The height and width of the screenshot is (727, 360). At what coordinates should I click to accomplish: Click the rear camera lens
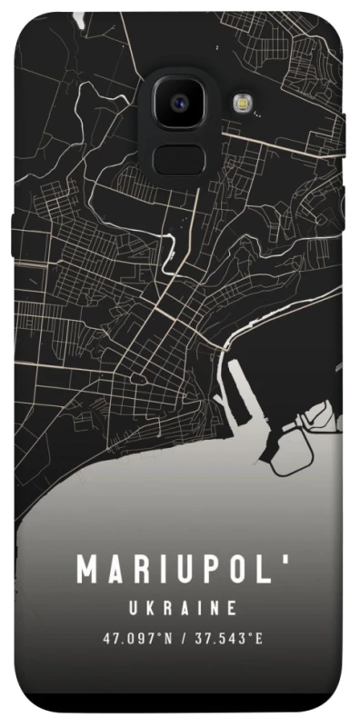[179, 103]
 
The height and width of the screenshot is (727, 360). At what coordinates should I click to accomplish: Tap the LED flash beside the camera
[241, 103]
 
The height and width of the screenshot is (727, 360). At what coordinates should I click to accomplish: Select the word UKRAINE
[182, 607]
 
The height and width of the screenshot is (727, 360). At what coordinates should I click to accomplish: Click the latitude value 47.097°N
[137, 639]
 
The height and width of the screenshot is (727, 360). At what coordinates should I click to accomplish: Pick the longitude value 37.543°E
[228, 639]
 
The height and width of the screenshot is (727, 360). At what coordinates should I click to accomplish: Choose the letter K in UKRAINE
[145, 607]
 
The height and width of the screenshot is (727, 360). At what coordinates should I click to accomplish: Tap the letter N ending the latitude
[168, 639]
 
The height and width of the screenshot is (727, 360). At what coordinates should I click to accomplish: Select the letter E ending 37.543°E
[259, 639]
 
